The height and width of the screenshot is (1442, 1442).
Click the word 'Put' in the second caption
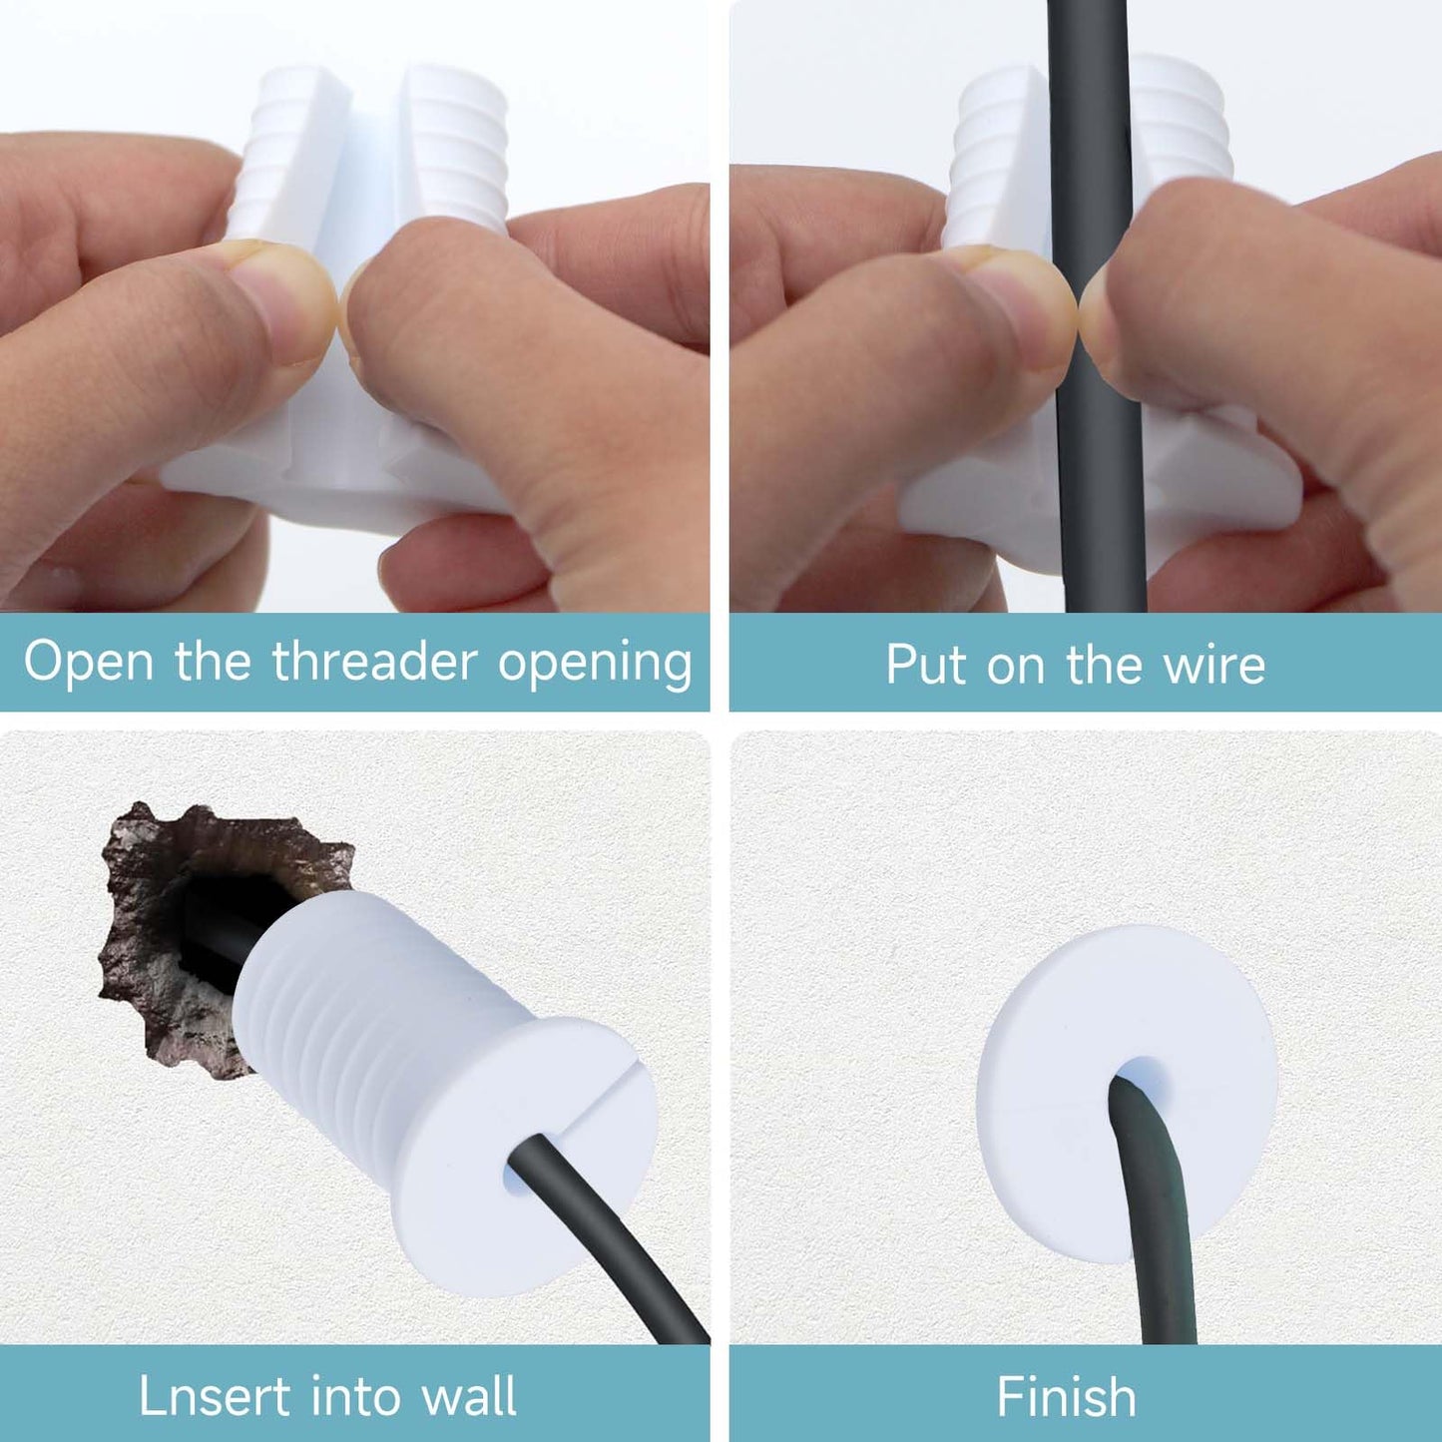click(925, 665)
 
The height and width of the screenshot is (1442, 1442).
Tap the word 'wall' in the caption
click(469, 1396)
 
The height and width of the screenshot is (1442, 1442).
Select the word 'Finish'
click(1066, 1396)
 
